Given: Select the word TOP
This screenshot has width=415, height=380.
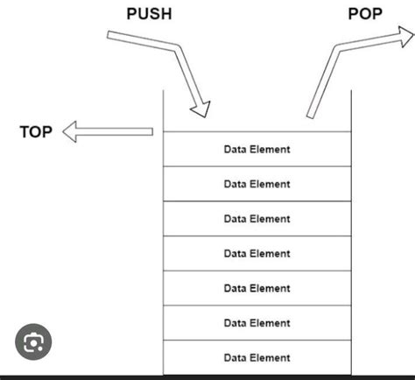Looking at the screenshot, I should click(x=36, y=132).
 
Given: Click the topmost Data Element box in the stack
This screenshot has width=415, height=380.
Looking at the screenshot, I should click(x=257, y=149).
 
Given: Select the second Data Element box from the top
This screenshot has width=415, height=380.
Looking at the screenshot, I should click(x=257, y=184).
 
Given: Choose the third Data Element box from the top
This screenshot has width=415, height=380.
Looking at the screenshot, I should click(x=257, y=219).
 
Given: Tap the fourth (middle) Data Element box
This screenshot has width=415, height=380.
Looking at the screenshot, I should click(x=257, y=253).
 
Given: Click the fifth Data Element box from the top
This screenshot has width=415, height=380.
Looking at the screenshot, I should click(x=257, y=288).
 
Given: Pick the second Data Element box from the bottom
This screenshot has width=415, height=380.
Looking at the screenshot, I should click(x=257, y=323).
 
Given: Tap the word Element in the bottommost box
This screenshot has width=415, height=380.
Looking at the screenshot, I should click(x=270, y=358).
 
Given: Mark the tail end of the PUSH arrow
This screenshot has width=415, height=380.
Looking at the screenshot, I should click(x=109, y=36).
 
